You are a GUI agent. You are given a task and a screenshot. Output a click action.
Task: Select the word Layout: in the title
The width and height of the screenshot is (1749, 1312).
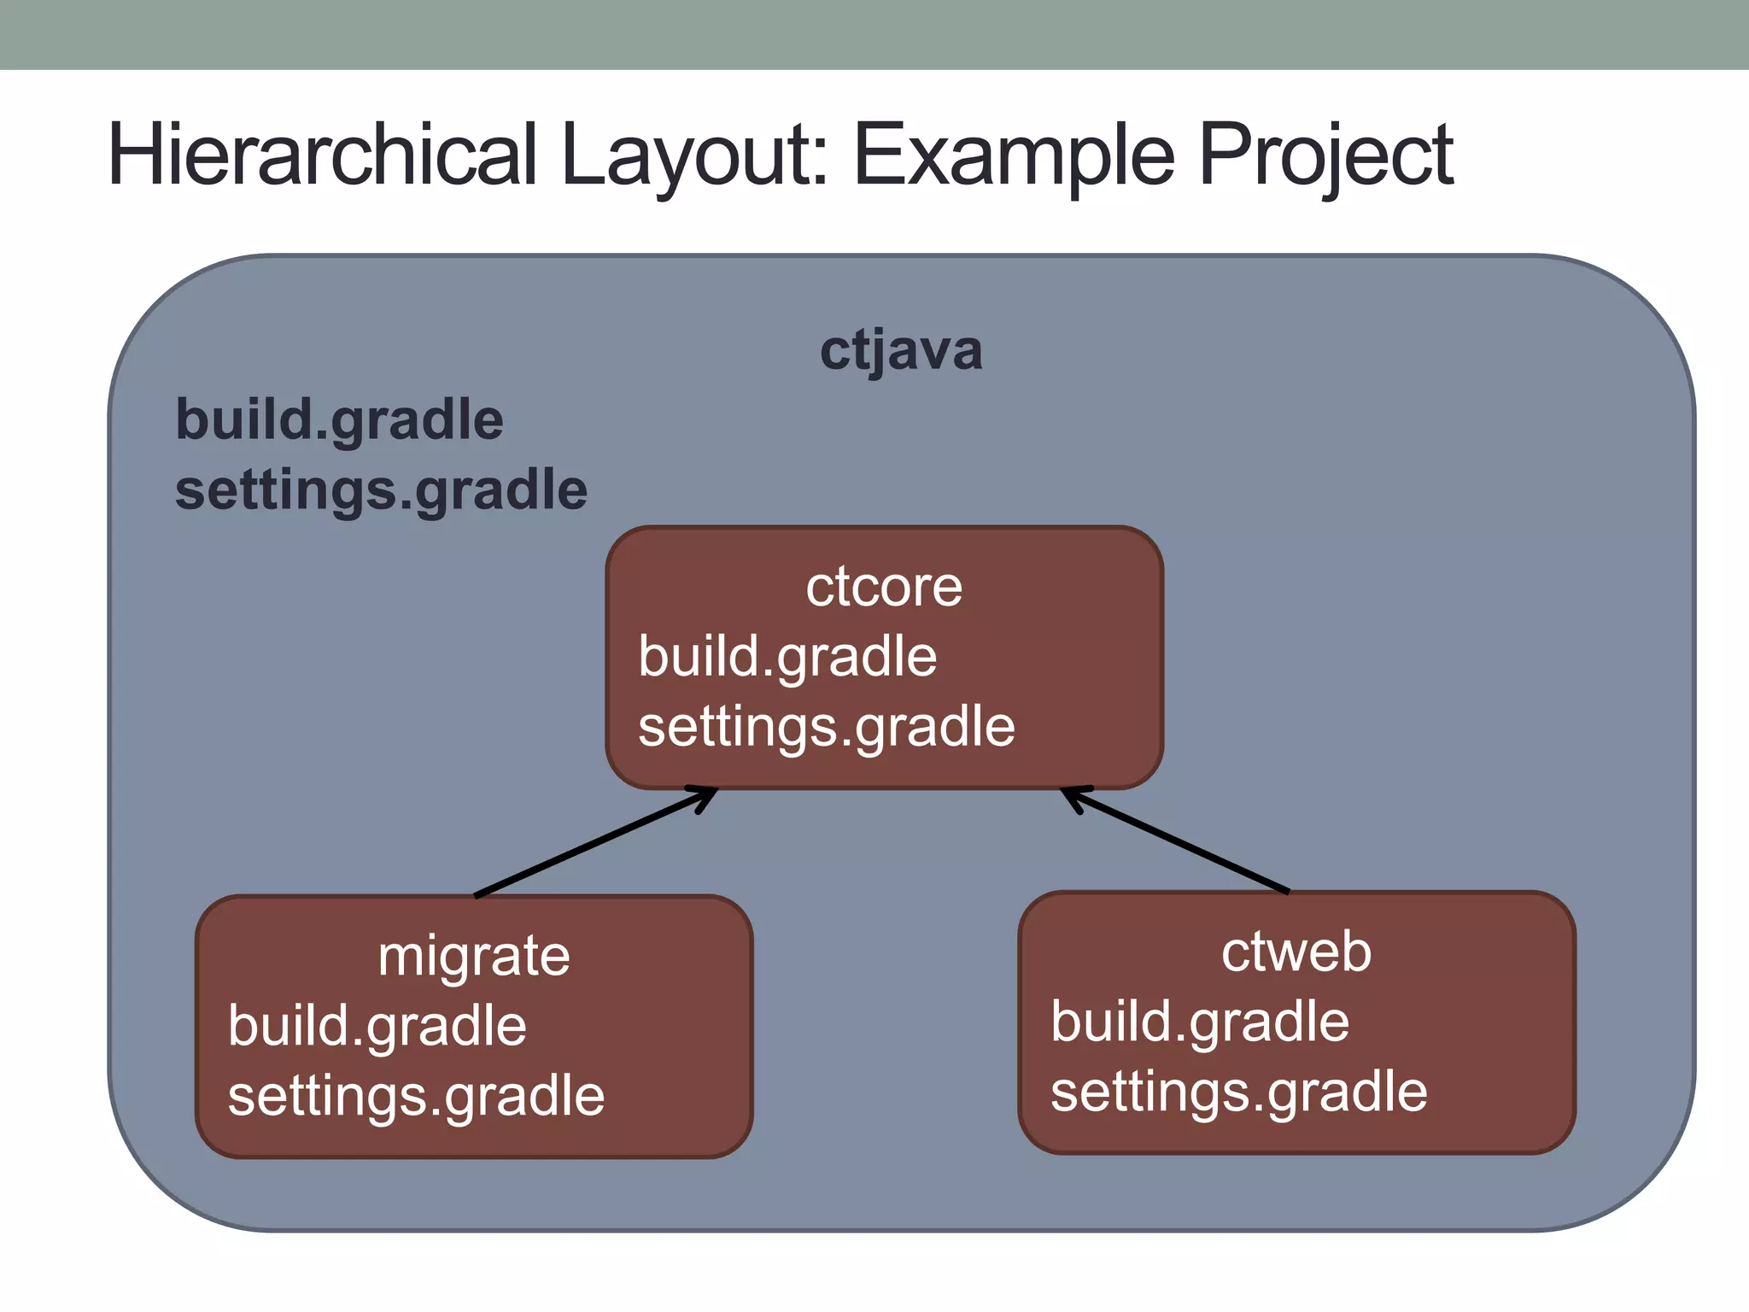[694, 155]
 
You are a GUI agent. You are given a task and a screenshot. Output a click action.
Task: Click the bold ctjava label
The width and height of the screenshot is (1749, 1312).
[901, 350]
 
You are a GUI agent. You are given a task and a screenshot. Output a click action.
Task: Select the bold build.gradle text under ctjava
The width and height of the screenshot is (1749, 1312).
[339, 420]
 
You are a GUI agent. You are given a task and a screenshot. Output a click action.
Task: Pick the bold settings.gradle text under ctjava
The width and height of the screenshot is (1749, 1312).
[381, 490]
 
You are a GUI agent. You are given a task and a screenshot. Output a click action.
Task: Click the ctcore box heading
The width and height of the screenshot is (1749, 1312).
[884, 587]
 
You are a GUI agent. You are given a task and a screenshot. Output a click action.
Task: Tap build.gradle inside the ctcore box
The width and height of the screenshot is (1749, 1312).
[787, 657]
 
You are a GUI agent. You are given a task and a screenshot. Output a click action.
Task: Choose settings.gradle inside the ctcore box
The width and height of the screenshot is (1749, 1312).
[826, 727]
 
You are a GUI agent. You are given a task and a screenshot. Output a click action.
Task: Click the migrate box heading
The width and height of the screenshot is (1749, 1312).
[474, 956]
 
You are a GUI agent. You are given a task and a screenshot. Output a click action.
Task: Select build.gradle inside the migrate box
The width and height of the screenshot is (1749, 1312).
[377, 1026]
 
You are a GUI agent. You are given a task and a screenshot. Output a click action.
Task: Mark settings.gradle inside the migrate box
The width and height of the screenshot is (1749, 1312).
[416, 1096]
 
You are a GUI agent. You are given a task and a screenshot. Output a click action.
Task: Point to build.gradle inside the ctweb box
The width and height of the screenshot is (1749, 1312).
[1199, 1022]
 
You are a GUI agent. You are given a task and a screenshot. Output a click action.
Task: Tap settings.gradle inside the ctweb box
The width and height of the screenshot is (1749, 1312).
[1238, 1092]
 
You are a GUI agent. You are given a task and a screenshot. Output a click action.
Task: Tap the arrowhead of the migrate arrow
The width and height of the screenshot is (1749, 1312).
[705, 795]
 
